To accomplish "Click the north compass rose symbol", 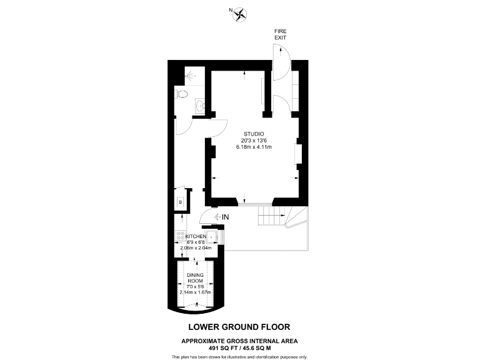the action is tap(240, 14).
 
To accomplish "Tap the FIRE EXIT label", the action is tap(280, 34).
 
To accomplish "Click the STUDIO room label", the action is tap(254, 134).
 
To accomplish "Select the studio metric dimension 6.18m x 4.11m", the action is tap(254, 147).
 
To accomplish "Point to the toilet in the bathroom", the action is tap(181, 94).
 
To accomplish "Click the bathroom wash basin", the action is tap(200, 106).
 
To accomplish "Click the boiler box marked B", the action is tap(180, 202).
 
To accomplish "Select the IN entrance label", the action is tap(225, 217).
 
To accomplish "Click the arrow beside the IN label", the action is tap(217, 217).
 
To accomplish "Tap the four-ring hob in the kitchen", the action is tap(180, 235).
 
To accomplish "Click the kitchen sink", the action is tap(211, 237).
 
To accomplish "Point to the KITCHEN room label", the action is tap(196, 236).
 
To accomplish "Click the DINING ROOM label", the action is tap(195, 278).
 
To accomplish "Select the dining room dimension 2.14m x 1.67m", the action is tap(195, 292).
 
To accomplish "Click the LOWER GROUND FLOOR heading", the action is tap(239, 327).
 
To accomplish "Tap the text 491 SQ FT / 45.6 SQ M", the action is tap(240, 348).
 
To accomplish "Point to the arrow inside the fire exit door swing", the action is tap(281, 51).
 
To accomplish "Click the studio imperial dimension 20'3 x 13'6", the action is tap(254, 141).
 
